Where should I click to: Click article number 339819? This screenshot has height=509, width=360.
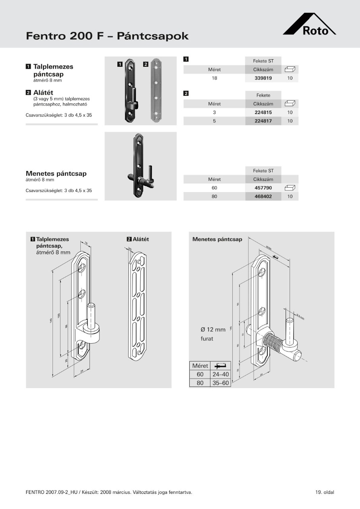coord(263,78)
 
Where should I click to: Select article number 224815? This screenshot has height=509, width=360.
coord(263,113)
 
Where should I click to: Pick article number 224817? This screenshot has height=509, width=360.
coord(263,121)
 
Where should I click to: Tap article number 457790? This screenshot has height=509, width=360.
coord(263,188)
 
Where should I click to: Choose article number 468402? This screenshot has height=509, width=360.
coord(263,196)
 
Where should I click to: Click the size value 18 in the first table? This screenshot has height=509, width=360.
coord(214,78)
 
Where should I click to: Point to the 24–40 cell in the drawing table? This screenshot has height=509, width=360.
coord(221,374)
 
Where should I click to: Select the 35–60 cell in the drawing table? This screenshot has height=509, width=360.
coord(221,383)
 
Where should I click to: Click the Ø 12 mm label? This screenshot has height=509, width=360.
coord(213,330)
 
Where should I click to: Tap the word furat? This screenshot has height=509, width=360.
coord(207,339)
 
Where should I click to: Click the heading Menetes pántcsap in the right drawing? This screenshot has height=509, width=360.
coord(217,239)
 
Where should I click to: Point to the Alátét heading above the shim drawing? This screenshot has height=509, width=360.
coord(140,239)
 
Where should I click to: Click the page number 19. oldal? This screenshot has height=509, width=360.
coord(325,492)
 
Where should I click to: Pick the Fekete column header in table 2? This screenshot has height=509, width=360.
coord(263,95)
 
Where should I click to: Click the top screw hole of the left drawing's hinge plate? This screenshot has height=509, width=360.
coord(82,268)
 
